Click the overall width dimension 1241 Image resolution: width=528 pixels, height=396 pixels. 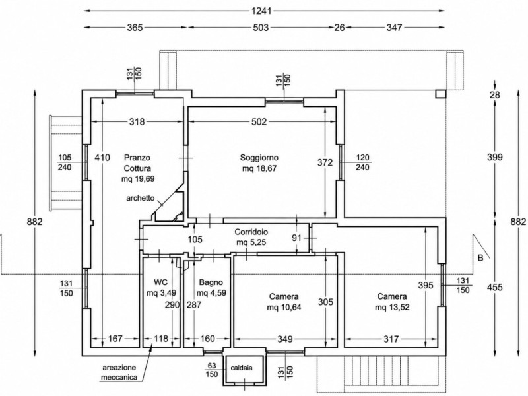261,11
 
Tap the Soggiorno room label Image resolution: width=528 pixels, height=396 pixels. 259,157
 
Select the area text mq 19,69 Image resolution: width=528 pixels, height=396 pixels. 138,178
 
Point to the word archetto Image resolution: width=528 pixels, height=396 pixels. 141,198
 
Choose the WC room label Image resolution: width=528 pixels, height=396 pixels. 160,282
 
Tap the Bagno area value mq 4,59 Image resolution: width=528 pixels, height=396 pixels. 211,292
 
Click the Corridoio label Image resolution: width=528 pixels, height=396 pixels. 251,232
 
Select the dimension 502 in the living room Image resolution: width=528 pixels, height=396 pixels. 259,121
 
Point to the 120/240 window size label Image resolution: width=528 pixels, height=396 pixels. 362,162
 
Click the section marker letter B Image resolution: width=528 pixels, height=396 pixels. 480,258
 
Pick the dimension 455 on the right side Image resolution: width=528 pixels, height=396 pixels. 494,287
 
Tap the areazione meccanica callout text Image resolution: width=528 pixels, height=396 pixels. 119,372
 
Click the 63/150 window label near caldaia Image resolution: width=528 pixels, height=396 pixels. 212,370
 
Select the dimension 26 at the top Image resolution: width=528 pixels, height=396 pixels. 339,27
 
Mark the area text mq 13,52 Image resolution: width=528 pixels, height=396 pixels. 392,307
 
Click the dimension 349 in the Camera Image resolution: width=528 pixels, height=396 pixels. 285,339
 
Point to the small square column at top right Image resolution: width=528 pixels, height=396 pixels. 441,94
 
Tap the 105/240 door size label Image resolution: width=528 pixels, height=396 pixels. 65,162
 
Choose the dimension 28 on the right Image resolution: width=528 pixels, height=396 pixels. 494,94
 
